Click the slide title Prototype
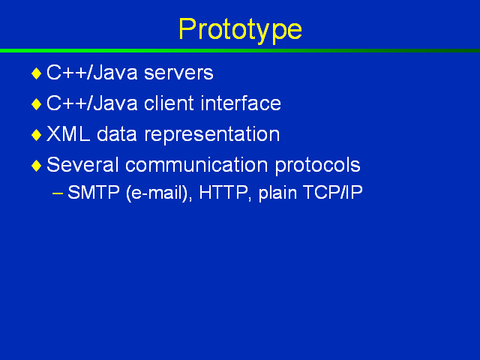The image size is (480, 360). click(240, 30)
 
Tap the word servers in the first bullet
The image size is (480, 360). click(178, 73)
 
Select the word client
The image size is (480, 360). click(169, 103)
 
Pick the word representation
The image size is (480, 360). click(211, 135)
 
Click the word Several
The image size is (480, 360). click(82, 165)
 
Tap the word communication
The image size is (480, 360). click(196, 165)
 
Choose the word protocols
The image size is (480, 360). click(317, 166)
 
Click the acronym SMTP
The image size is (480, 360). click(93, 193)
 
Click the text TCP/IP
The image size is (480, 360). click(332, 193)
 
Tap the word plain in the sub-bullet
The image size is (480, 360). click(277, 193)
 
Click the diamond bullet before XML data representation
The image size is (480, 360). click(37, 135)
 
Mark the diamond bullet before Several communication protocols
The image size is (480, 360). click(37, 166)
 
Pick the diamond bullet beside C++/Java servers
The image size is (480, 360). click(37, 73)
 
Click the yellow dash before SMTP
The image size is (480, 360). click(58, 193)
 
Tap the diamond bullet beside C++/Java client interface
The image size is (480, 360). click(37, 104)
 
